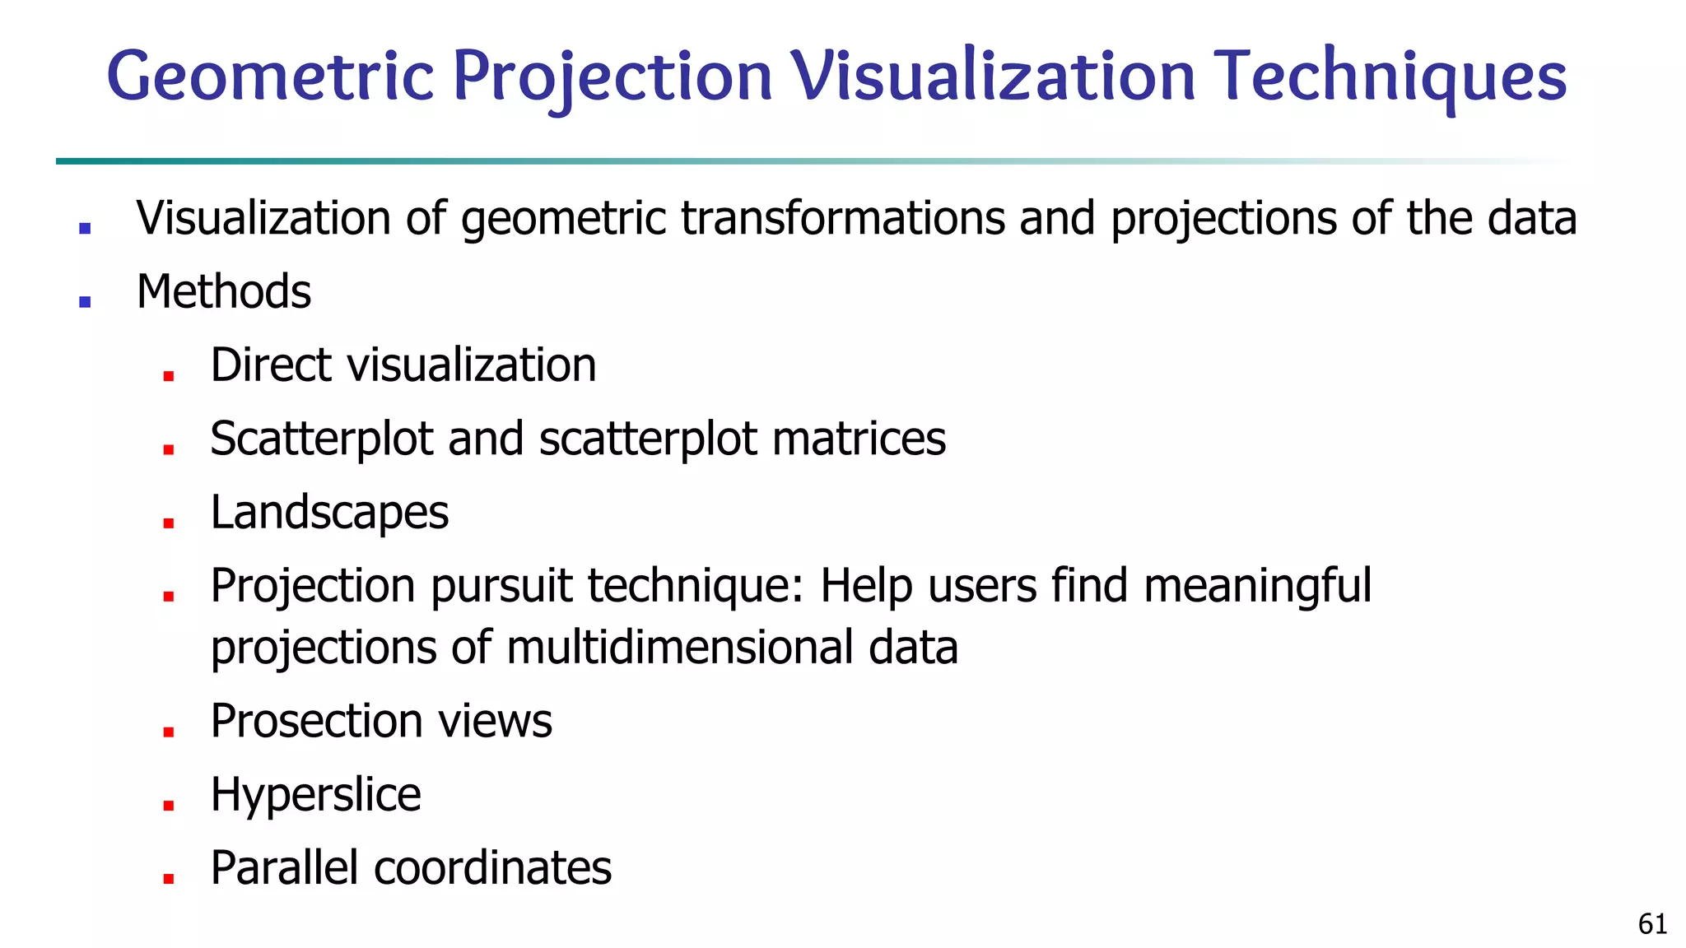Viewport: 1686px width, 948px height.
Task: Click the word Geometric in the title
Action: tap(270, 76)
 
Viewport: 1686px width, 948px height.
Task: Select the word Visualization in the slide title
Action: tap(992, 76)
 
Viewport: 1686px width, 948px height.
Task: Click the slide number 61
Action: tap(1652, 924)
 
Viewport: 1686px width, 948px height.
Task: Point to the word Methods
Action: tap(224, 291)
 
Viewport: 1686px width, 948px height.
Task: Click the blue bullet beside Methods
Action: tap(85, 301)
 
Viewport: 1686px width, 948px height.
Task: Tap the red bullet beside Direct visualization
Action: tap(169, 375)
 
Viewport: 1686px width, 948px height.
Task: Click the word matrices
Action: tap(859, 439)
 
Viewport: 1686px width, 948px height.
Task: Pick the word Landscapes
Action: tap(329, 513)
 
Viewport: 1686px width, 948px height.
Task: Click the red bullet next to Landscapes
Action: tap(169, 523)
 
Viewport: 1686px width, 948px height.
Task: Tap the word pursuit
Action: tap(502, 586)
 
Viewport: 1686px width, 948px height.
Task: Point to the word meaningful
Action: tap(1257, 586)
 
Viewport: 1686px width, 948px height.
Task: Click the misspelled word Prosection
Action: tap(316, 721)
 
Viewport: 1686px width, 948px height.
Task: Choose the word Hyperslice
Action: tap(315, 795)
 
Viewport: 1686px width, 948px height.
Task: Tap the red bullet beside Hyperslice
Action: tap(169, 805)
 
